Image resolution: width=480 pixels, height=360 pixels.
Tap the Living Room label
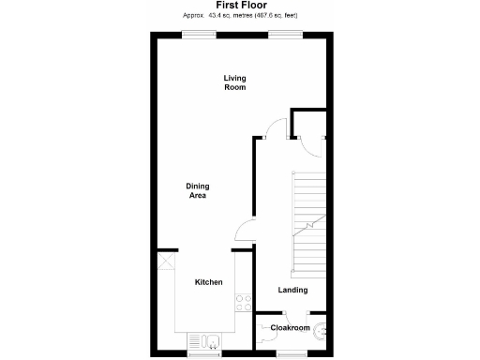pos(234,82)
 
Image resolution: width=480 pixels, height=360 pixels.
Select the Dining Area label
pos(197,190)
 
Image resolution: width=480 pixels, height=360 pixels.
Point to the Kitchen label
pos(208,282)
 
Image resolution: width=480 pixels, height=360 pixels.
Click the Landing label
pos(292,290)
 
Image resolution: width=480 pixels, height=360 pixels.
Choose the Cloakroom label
pos(290,328)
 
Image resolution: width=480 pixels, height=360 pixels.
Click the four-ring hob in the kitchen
pos(243,302)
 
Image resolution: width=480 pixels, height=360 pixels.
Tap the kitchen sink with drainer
pos(204,340)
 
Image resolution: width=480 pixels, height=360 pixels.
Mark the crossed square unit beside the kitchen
pos(166,262)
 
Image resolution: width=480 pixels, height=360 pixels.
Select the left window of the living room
pos(197,36)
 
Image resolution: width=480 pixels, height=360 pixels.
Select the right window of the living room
pos(284,36)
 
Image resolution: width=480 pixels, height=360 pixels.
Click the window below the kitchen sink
pos(202,354)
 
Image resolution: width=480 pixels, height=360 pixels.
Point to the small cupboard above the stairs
pos(308,125)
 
